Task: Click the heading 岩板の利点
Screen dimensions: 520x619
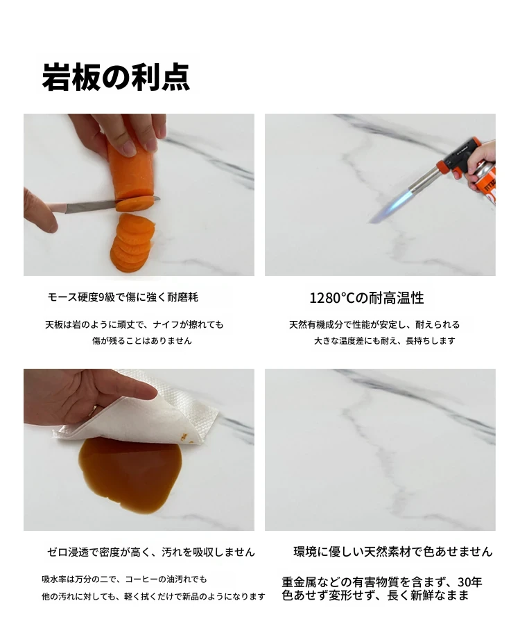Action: tap(116, 77)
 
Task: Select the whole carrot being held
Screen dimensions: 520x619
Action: tap(130, 166)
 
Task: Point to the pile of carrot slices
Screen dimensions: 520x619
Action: tap(132, 243)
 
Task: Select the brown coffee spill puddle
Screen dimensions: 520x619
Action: tap(130, 473)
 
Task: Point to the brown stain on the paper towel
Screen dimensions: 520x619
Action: tap(183, 436)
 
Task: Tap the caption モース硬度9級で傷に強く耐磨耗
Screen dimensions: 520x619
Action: tap(123, 297)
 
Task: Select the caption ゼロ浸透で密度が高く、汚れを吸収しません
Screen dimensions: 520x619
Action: tap(151, 552)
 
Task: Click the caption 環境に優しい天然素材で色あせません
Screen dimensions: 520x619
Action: tap(393, 552)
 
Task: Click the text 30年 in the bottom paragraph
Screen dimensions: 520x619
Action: tap(470, 582)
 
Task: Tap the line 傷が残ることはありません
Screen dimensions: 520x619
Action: tap(142, 340)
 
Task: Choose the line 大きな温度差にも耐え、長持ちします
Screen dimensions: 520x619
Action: tap(385, 340)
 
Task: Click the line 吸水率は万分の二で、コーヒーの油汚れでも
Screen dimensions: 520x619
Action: tap(124, 579)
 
